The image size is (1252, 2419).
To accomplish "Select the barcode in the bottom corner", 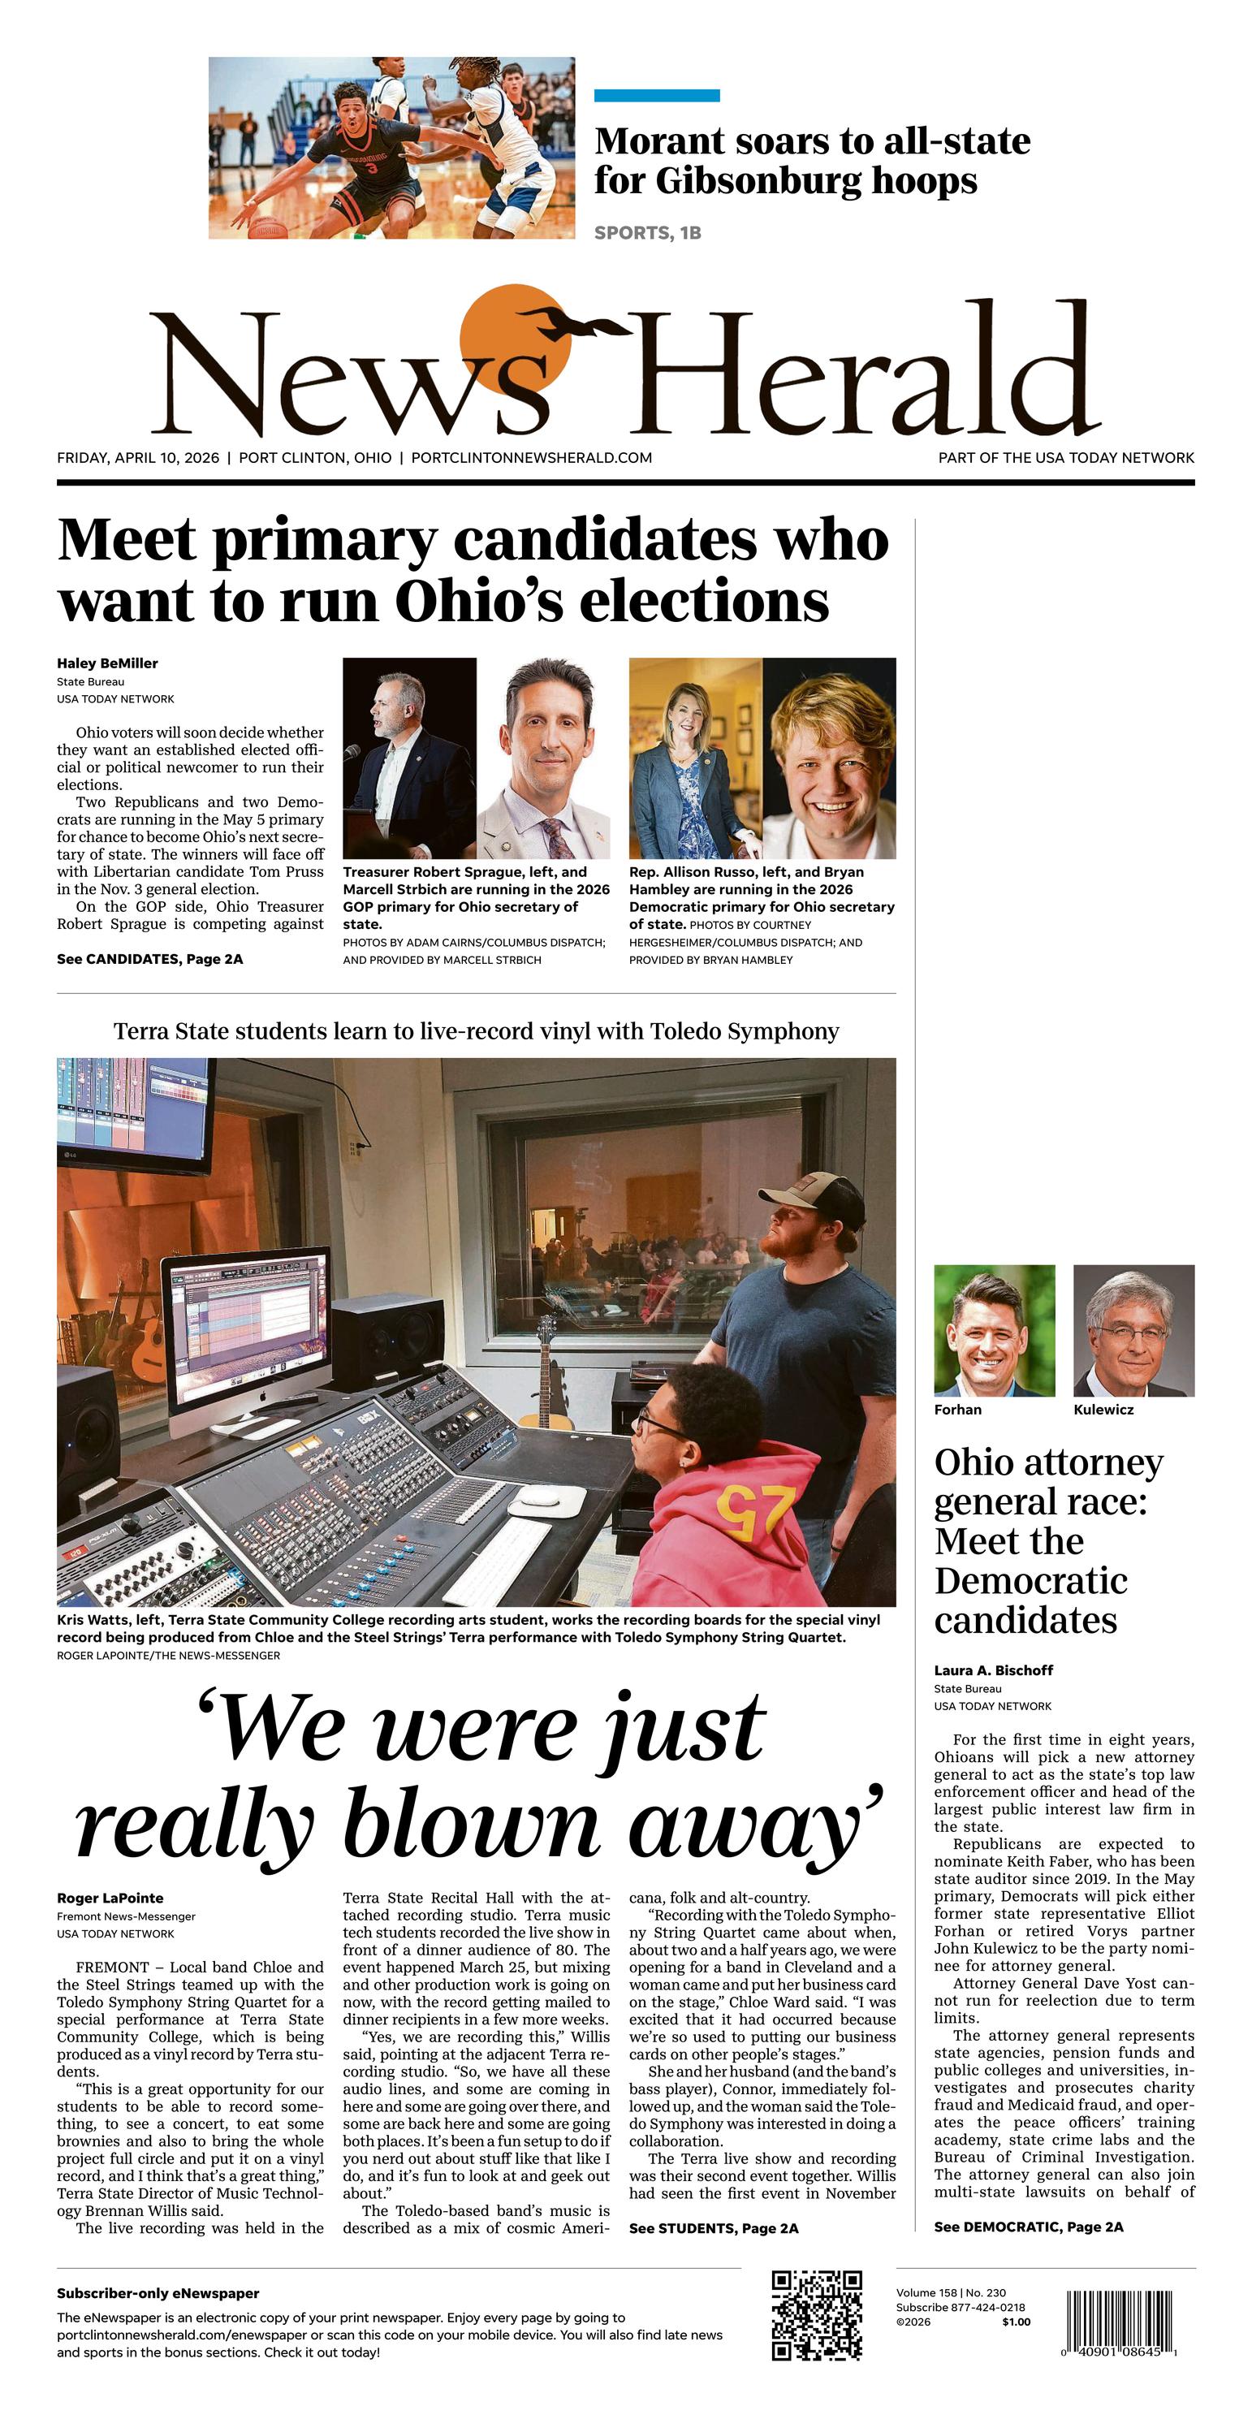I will [1121, 2319].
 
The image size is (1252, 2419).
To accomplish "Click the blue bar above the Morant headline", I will [657, 96].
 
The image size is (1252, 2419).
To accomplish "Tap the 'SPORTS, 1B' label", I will [647, 233].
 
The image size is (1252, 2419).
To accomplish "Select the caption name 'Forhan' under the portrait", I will [957, 1410].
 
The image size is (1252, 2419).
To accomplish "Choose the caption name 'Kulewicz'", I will [1103, 1410].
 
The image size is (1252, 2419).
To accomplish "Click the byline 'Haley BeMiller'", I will [107, 663].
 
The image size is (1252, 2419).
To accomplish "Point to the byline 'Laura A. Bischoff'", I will [993, 1670].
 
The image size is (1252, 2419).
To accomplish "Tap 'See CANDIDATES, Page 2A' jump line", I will [149, 959].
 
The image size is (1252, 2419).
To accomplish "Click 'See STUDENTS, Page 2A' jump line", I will [713, 2228].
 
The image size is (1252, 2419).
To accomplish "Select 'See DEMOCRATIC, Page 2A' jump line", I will [1028, 2227].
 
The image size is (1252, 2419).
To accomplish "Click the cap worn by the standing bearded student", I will [814, 1194].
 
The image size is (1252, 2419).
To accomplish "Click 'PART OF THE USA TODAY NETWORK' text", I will [1066, 457].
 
